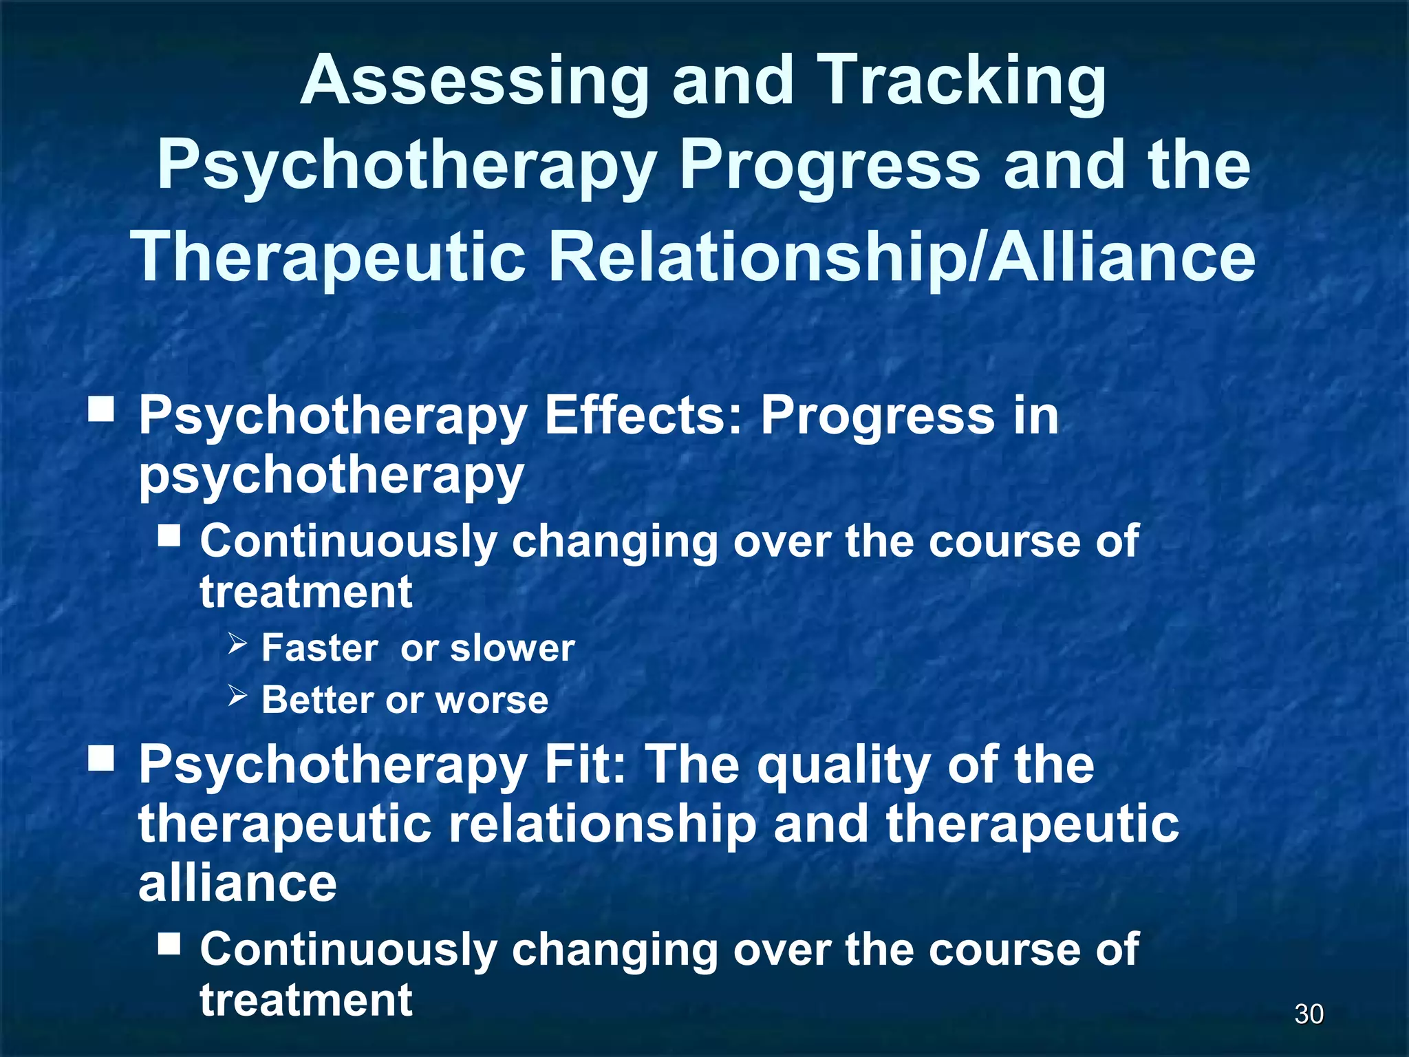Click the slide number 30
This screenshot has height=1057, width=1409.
point(1309,1014)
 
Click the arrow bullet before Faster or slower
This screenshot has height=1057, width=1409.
point(237,644)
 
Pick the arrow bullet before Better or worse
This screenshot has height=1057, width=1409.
point(237,696)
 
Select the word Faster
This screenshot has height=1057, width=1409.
point(319,648)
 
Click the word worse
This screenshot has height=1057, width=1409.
point(492,701)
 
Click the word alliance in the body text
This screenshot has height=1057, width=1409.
point(237,884)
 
